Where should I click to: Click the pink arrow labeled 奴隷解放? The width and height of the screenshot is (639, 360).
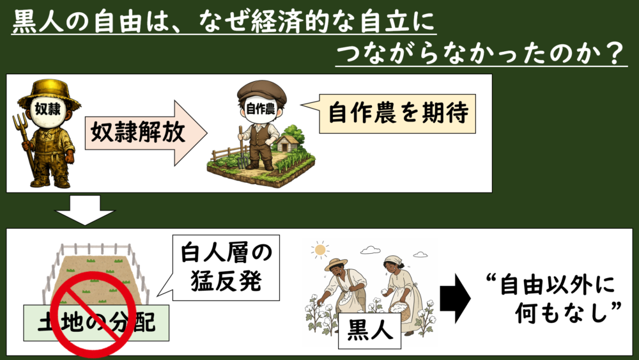146,133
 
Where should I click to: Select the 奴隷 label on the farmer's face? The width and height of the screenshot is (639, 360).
48,110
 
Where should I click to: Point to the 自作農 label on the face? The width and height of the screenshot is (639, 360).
261,109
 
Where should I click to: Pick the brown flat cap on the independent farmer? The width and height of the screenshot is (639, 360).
261,91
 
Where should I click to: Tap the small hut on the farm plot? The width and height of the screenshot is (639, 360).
288,143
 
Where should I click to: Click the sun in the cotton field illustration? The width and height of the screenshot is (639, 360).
320,249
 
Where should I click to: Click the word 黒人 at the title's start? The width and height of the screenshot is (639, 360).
38,20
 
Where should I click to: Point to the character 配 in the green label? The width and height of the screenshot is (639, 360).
143,322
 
